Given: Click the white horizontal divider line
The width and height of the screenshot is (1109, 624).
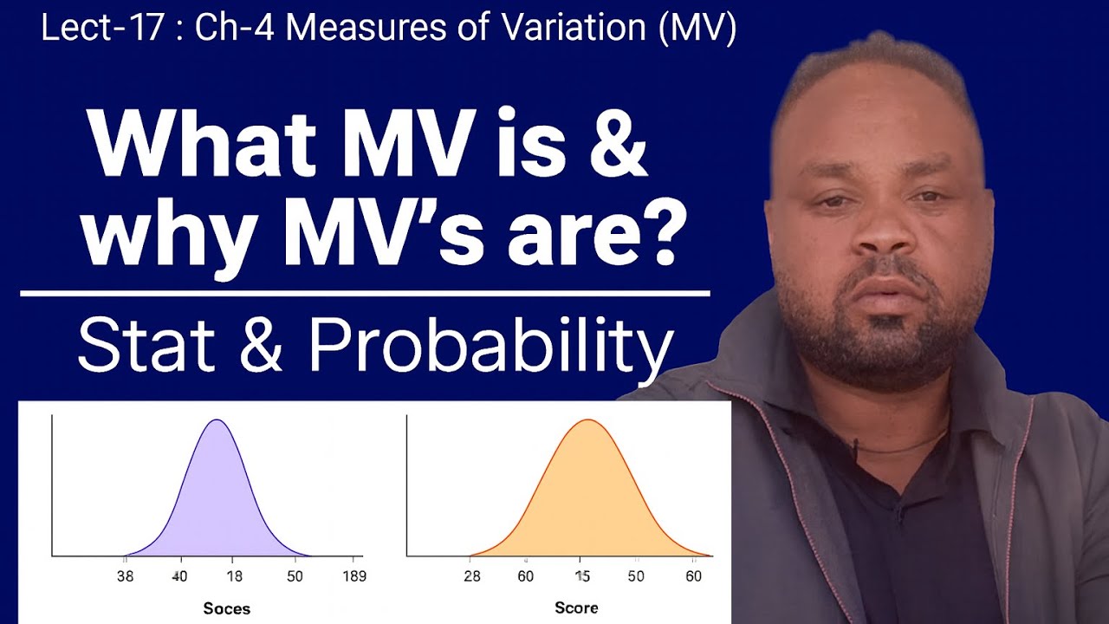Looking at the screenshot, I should [365, 294].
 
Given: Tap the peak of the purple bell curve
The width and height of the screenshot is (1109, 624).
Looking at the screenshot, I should [217, 421].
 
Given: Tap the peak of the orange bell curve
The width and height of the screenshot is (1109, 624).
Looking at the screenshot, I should [587, 421].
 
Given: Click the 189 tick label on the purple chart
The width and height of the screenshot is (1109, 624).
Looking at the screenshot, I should [353, 576].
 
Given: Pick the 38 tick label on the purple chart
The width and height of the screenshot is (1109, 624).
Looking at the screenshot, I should [126, 576].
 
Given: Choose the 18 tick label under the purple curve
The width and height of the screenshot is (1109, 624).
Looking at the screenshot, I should [235, 576].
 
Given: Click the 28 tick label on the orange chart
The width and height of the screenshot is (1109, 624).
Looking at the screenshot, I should [471, 576].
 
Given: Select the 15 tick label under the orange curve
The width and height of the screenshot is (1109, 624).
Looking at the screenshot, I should [583, 576].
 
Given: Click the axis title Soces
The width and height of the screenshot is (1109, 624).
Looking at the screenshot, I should [226, 608].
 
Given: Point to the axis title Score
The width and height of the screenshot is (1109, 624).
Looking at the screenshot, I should [576, 608].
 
